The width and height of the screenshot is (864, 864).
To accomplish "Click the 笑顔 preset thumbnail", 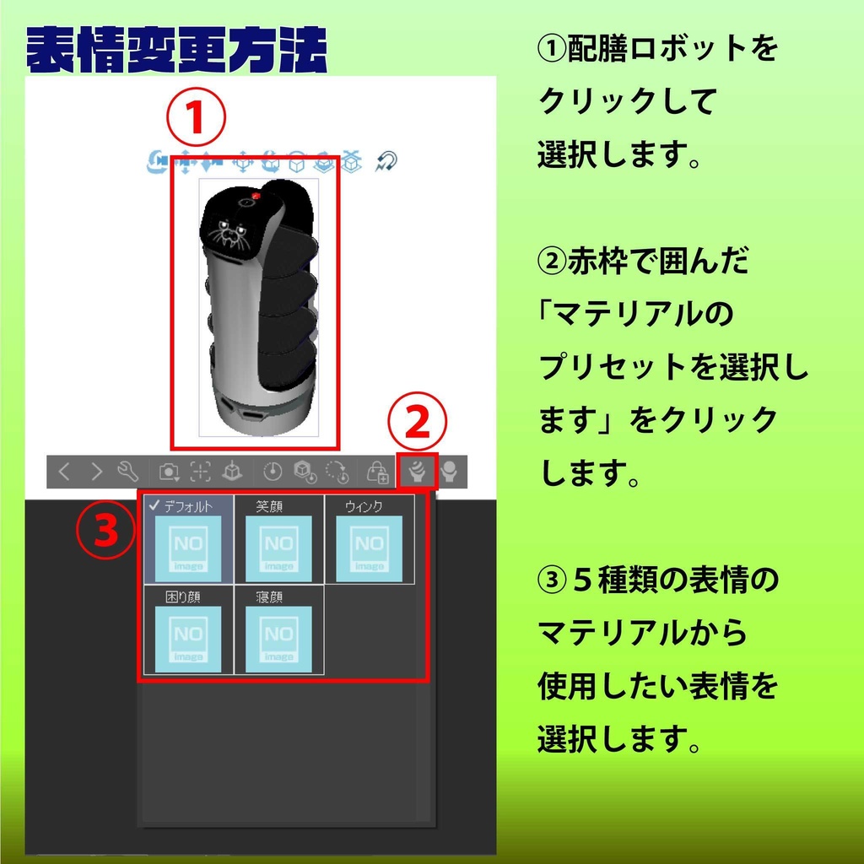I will click(x=278, y=548).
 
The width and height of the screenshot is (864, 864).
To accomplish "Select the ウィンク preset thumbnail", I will click(x=369, y=548).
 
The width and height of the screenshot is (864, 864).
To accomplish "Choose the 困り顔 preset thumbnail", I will click(x=188, y=639).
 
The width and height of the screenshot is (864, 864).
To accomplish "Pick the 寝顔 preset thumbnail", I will click(x=278, y=639).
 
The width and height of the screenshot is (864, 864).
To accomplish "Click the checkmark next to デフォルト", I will click(x=154, y=505).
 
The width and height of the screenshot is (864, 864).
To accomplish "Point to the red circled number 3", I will click(x=105, y=532).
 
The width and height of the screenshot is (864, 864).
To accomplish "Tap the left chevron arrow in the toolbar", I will click(x=64, y=472).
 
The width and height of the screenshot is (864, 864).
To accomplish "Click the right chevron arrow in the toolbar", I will click(x=96, y=472).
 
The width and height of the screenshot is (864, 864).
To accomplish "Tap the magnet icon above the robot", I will click(x=386, y=161).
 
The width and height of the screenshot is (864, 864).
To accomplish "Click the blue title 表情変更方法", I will click(x=175, y=53).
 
